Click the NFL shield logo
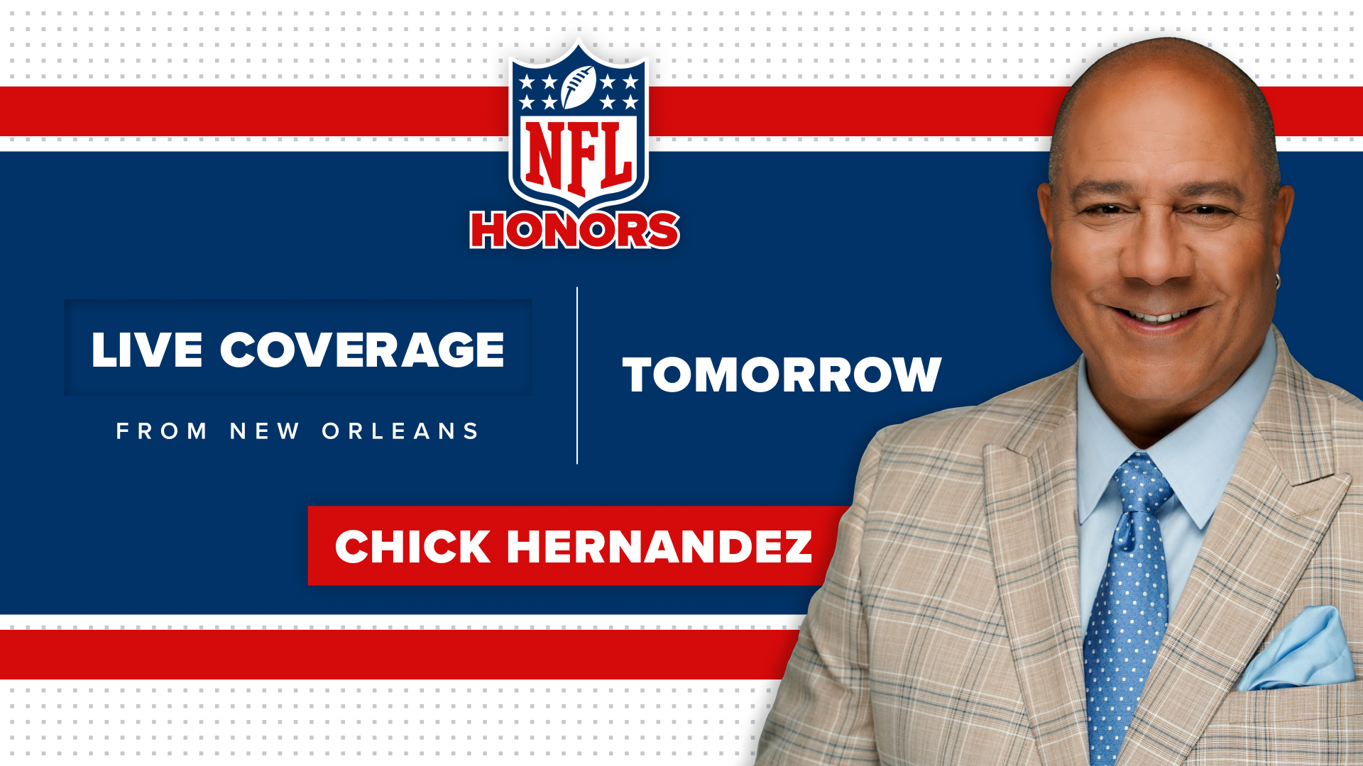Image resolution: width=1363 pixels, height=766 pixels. point(579,128)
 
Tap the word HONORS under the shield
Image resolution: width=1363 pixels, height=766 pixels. point(575,230)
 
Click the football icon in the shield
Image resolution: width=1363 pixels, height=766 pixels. point(579,87)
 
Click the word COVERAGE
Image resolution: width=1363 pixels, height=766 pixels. point(362,350)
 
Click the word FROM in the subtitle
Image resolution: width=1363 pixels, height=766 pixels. point(162,431)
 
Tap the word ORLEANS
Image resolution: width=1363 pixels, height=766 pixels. point(401,431)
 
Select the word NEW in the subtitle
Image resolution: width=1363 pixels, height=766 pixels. point(265,431)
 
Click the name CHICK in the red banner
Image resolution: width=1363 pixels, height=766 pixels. point(412,547)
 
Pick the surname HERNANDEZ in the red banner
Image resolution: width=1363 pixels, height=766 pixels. point(659,547)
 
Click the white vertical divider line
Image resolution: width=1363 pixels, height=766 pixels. point(577,376)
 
